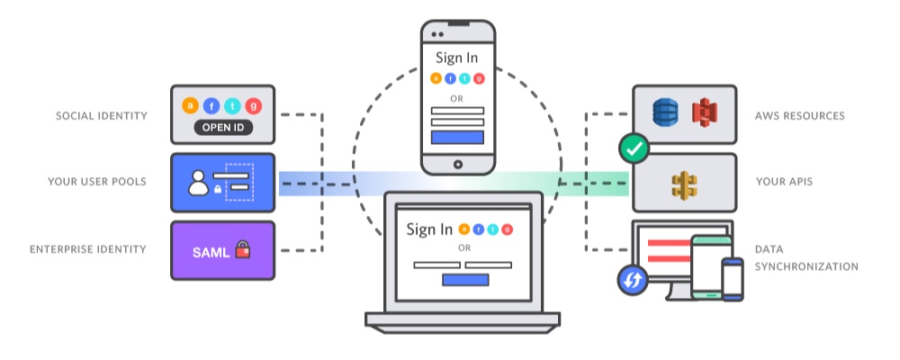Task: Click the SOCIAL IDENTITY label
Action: pos(101,116)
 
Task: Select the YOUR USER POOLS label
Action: pos(97,182)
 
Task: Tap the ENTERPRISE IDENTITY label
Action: pos(87,248)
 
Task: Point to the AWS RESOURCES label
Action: pos(800,116)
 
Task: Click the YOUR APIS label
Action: pos(785,182)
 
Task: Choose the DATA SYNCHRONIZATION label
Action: pos(805,257)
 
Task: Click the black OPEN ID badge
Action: pos(222,128)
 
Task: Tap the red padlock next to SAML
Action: pos(242,249)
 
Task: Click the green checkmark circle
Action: pos(635,149)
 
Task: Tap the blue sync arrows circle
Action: pos(633,282)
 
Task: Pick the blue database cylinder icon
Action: pos(666,113)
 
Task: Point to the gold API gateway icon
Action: pos(684,184)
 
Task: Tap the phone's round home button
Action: pos(458,165)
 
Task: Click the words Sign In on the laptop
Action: pos(429,229)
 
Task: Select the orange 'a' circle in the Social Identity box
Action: pos(190,105)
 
